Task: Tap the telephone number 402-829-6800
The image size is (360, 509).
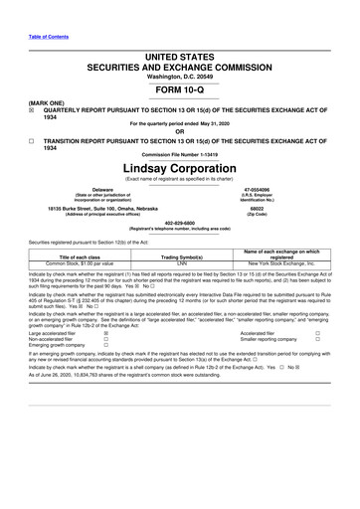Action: (179, 222)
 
